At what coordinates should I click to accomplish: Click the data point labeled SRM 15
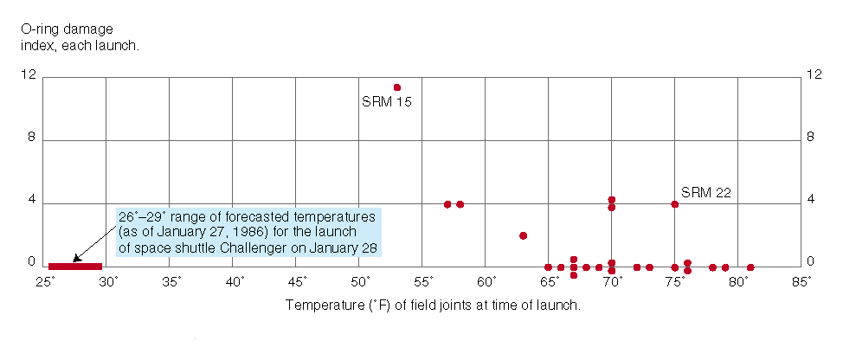point(397,87)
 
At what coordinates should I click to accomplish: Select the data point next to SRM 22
point(675,204)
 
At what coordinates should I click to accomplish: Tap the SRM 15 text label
point(386,102)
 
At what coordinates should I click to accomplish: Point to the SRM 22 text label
point(706,192)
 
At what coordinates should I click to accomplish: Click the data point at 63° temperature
point(523,235)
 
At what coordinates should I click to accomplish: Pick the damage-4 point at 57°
point(447,204)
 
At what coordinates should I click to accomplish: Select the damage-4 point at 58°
point(460,204)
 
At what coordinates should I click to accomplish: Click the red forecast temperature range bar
point(75,267)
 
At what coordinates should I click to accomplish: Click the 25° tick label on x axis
point(45,282)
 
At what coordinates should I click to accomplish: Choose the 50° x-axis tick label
point(361,282)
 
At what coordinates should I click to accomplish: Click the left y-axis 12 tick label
point(29,75)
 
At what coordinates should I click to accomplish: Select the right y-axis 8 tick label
point(810,139)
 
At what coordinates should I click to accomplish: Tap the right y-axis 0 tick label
point(810,262)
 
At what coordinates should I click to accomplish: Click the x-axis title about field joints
point(432,305)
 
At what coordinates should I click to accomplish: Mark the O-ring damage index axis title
point(79,37)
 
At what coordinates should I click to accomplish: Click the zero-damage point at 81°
point(750,267)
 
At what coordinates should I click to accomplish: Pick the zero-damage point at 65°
point(549,267)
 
